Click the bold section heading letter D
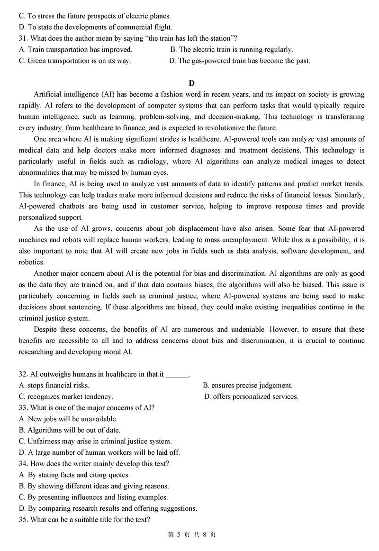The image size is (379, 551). coord(191,83)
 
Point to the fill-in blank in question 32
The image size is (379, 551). coord(178,374)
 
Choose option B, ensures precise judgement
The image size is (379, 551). coord(248,385)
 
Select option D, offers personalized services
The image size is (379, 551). coord(252,397)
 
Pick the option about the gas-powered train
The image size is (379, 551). coord(240,61)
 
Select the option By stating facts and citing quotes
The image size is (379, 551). coord(74,475)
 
